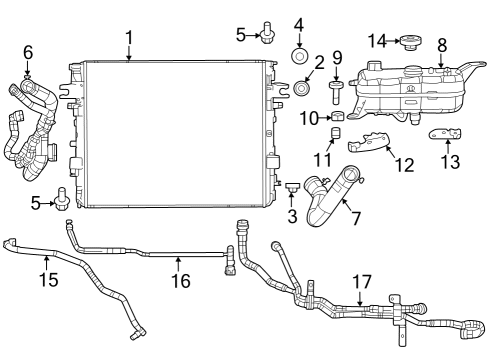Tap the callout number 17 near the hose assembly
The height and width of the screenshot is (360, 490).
click(x=361, y=283)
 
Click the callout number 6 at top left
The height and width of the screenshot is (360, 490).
click(x=27, y=51)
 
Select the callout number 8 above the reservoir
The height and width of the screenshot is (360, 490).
click(x=442, y=44)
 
